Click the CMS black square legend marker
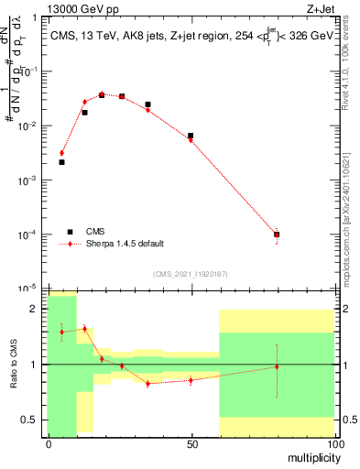(x=70, y=232)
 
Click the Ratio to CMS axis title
(x=12, y=365)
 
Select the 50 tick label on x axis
(x=191, y=443)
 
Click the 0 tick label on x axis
(x=49, y=443)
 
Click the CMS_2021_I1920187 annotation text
(x=189, y=274)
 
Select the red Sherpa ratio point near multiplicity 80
(x=277, y=366)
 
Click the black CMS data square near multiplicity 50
(x=191, y=136)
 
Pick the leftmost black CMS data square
(x=61, y=162)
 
